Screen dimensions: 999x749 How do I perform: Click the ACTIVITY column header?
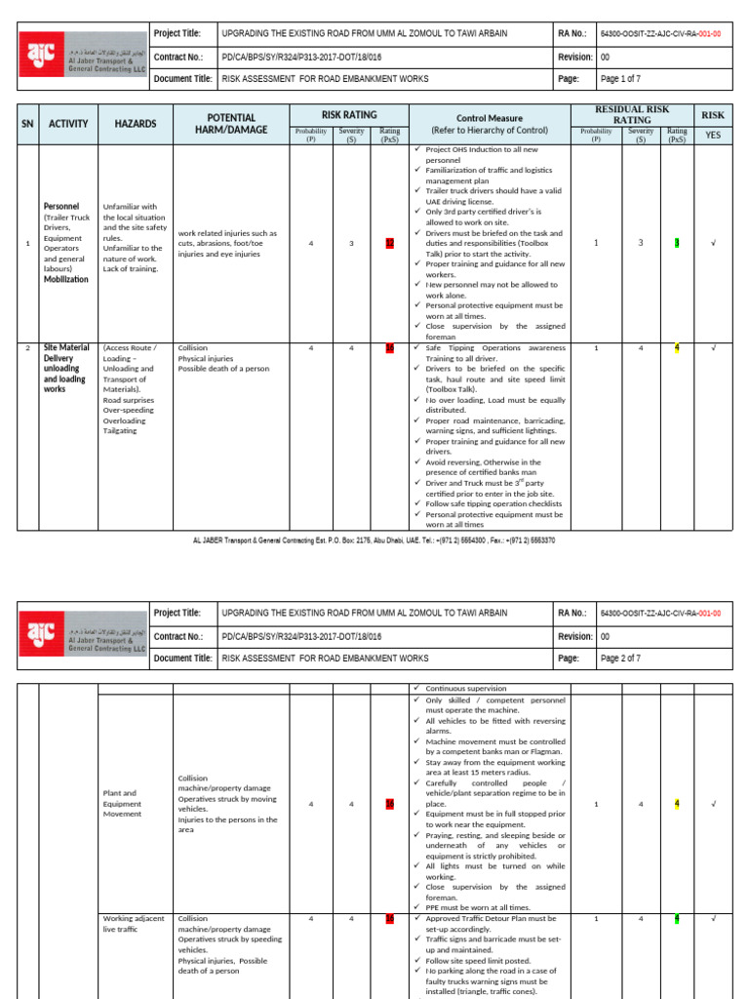tap(68, 124)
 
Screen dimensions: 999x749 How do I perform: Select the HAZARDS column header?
tap(135, 124)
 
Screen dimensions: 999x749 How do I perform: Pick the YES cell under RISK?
tap(713, 135)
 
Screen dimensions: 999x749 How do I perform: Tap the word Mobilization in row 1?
tap(65, 279)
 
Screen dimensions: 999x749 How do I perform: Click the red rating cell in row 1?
tap(390, 243)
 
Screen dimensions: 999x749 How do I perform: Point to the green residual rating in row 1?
tap(676, 243)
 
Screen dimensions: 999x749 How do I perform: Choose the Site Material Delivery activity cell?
tap(67, 368)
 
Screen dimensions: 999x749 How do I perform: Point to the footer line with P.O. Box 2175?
tap(374, 539)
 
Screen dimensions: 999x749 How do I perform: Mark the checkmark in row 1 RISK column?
tap(713, 243)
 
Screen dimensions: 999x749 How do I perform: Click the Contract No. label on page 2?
tap(179, 635)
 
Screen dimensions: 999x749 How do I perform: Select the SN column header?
tap(28, 124)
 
